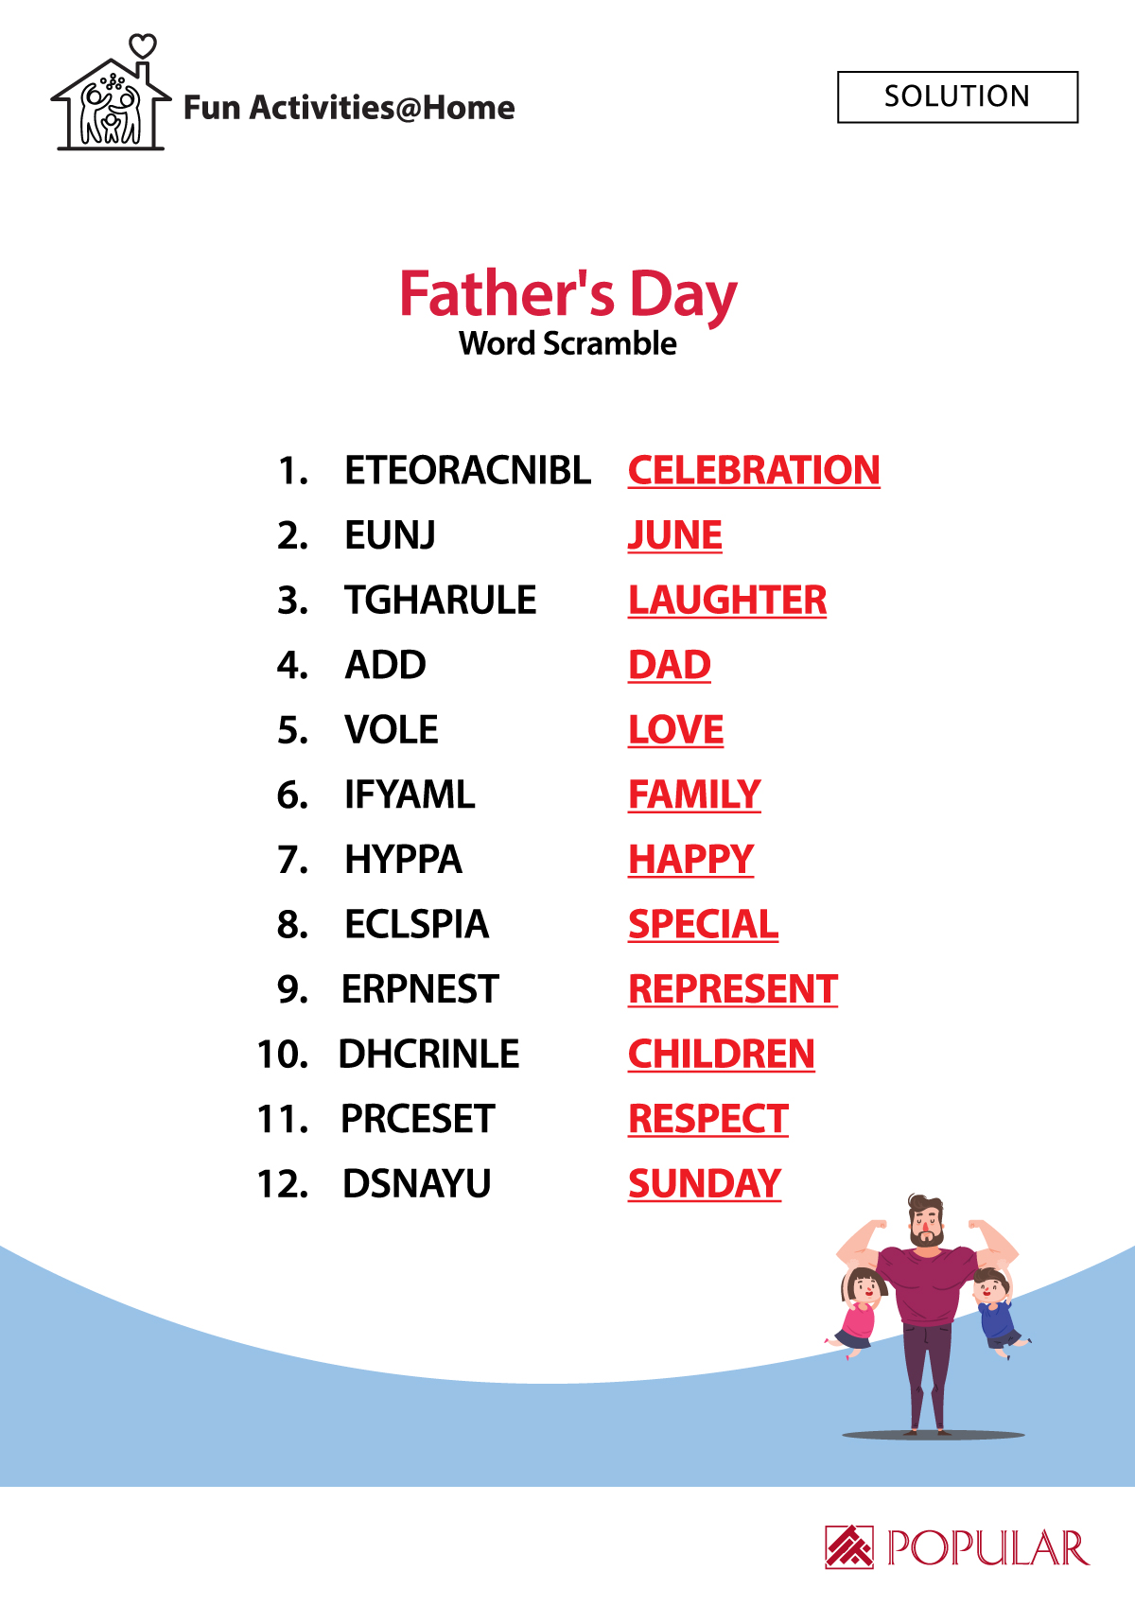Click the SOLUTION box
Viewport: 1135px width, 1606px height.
point(957,96)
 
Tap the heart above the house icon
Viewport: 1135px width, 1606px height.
point(143,46)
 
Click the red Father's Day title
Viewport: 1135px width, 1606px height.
point(567,294)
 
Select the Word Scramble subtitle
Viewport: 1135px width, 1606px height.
point(567,343)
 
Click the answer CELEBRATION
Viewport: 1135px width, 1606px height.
point(754,471)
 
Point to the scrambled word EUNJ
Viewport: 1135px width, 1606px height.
point(390,535)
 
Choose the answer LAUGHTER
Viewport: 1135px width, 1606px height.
point(727,601)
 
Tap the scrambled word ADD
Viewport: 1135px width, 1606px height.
point(386,665)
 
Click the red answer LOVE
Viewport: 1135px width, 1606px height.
point(675,730)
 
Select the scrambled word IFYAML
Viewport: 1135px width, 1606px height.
point(410,794)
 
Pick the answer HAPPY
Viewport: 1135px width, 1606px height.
point(690,861)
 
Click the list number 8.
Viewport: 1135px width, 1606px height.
point(292,925)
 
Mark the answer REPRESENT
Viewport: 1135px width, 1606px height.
point(733,990)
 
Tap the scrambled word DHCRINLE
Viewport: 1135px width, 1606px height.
point(428,1054)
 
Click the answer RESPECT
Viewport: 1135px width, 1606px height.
point(708,1120)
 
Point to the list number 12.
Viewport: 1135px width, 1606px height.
point(283,1184)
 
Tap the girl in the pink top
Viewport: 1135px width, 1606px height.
point(858,1313)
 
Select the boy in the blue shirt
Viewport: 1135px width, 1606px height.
point(999,1314)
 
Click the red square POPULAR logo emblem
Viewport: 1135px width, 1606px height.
point(849,1547)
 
